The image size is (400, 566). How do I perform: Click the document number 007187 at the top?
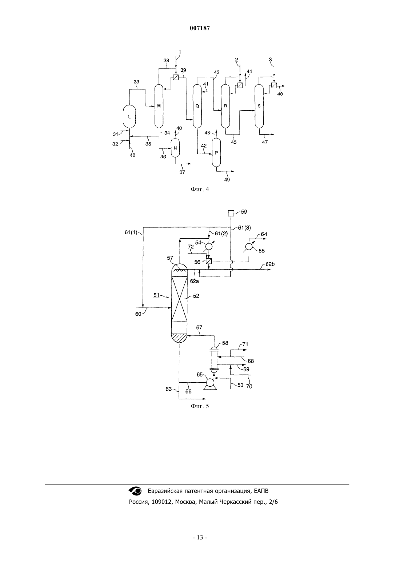tap(200, 28)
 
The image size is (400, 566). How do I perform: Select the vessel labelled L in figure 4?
tap(129, 116)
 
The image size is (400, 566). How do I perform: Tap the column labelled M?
tap(159, 106)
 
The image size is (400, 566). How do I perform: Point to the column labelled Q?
tap(197, 106)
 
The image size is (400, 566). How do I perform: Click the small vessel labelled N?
tap(175, 148)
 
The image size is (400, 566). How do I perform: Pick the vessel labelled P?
tap(216, 153)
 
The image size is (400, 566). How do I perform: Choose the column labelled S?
tap(259, 106)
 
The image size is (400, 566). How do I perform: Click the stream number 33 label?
tap(136, 82)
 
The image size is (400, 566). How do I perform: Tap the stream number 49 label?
tap(227, 180)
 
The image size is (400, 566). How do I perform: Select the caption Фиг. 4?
tap(200, 189)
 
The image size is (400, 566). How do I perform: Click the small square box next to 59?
tap(231, 213)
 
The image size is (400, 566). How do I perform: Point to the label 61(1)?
tap(131, 232)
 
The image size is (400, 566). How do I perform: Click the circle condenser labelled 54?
tap(209, 246)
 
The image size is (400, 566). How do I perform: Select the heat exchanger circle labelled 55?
tap(249, 246)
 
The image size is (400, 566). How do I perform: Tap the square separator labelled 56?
tap(209, 262)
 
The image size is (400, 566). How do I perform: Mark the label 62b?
tap(270, 264)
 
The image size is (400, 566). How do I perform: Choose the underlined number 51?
tap(156, 295)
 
